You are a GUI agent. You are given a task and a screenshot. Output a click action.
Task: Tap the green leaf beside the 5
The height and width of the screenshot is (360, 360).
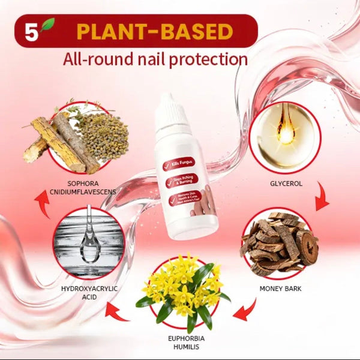tap(47, 26)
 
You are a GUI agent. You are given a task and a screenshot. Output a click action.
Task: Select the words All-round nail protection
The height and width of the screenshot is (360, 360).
tap(155, 59)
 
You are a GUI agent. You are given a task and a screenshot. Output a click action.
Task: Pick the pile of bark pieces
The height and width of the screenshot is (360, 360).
tap(281, 243)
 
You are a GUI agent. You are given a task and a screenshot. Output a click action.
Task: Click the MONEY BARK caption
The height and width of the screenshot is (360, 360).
tap(280, 289)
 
